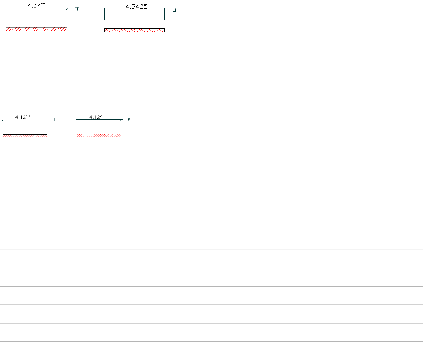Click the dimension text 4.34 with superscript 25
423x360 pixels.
(x=36, y=5)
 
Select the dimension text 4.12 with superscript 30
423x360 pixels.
(x=23, y=116)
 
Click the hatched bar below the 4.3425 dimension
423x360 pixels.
(x=134, y=30)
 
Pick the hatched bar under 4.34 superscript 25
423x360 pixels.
(x=36, y=29)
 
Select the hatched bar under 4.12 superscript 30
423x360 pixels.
(x=25, y=136)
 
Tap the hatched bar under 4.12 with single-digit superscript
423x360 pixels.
(x=99, y=135)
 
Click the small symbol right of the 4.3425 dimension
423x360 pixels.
(x=174, y=10)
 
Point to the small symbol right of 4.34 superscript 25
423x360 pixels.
(x=76, y=9)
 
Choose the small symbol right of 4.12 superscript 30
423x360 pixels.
(x=55, y=120)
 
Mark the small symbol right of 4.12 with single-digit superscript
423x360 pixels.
(x=129, y=120)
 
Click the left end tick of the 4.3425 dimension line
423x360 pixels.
(x=104, y=10)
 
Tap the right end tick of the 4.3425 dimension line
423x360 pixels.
(x=164, y=10)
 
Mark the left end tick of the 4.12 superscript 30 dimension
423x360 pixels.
(x=3, y=120)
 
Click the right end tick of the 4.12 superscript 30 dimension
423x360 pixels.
(x=47, y=120)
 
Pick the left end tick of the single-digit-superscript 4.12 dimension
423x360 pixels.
(x=77, y=120)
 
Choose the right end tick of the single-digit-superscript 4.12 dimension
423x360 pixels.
(x=121, y=120)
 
